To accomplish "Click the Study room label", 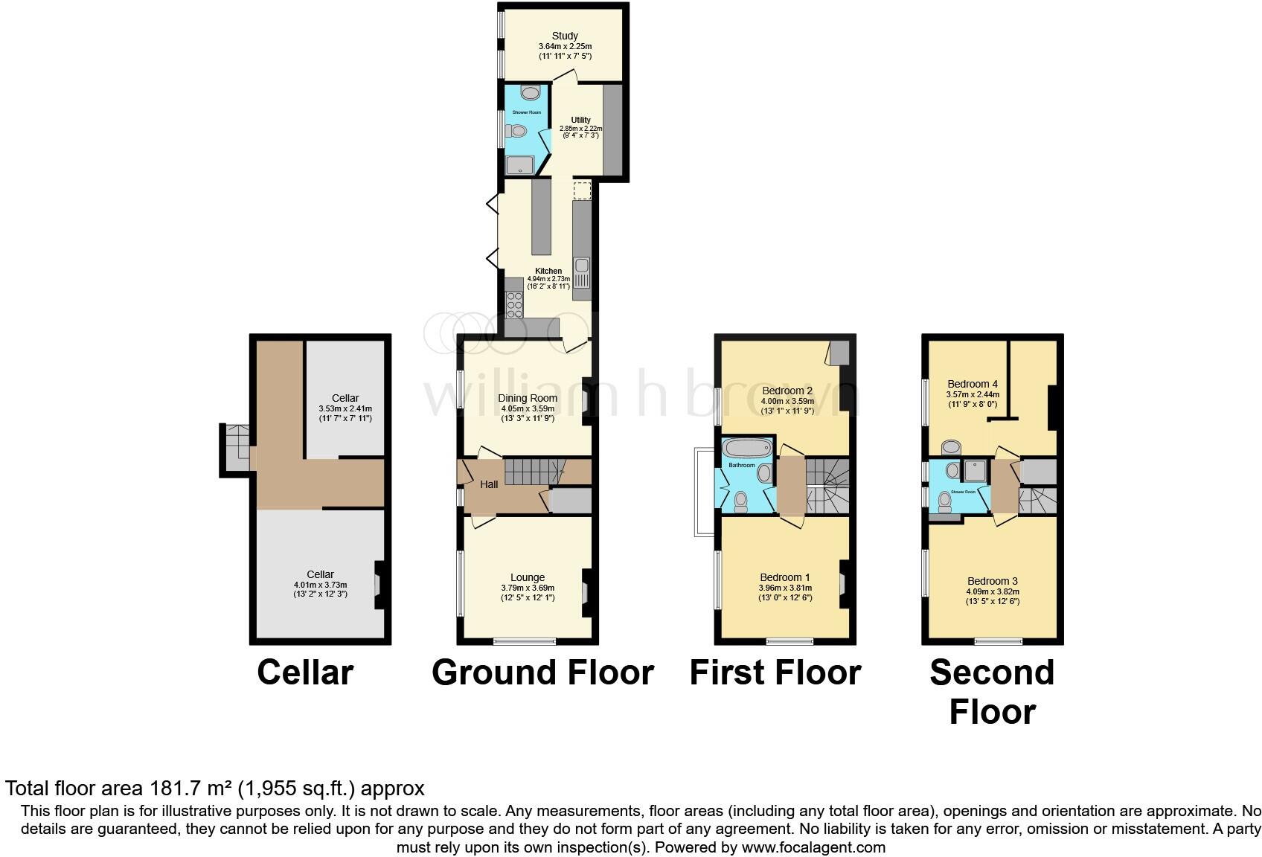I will click(x=565, y=36).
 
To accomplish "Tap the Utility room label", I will click(x=580, y=120).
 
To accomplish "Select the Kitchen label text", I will click(x=548, y=271).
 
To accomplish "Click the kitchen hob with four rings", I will click(x=513, y=304).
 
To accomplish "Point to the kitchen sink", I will click(x=581, y=266).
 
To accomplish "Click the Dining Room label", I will click(x=528, y=398).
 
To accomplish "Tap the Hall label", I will click(x=489, y=484).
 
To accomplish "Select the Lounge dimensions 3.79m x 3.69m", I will click(x=528, y=588).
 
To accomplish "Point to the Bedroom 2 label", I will click(x=787, y=391).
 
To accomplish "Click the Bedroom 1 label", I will click(x=784, y=577).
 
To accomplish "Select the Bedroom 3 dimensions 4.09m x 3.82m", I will click(x=993, y=591).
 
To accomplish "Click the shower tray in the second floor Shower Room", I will click(x=975, y=470).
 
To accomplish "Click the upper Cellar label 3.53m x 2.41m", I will click(x=345, y=408).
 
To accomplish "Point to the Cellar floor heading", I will click(x=305, y=673).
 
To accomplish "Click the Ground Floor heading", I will click(x=542, y=673).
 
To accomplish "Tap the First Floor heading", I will click(x=775, y=673).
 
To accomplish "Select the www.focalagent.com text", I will click(x=813, y=847).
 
